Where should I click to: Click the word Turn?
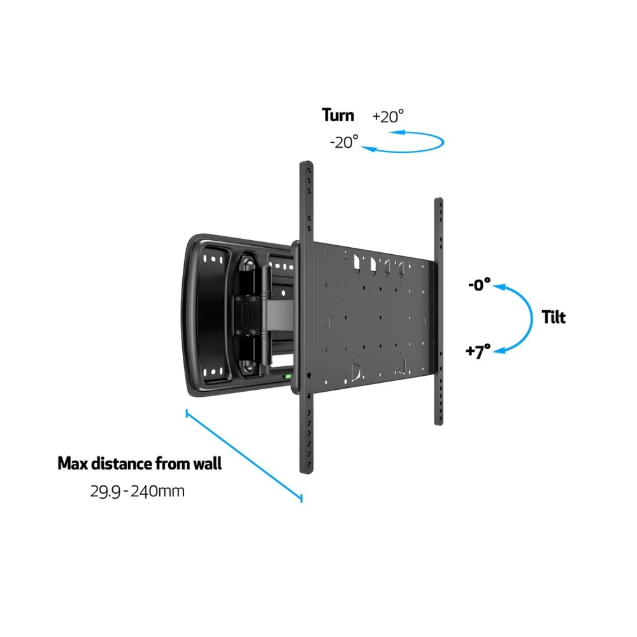tap(338, 115)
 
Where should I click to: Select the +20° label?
tap(388, 117)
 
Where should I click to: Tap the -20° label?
tap(344, 141)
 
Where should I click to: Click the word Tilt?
tap(554, 317)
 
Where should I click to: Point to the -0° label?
tap(479, 285)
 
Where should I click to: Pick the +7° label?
tap(478, 352)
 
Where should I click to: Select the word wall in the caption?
tap(206, 463)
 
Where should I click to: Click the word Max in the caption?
tap(72, 463)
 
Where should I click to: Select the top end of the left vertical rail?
tap(306, 164)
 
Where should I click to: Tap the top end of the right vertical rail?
tap(439, 201)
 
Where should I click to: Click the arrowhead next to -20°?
tap(366, 147)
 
